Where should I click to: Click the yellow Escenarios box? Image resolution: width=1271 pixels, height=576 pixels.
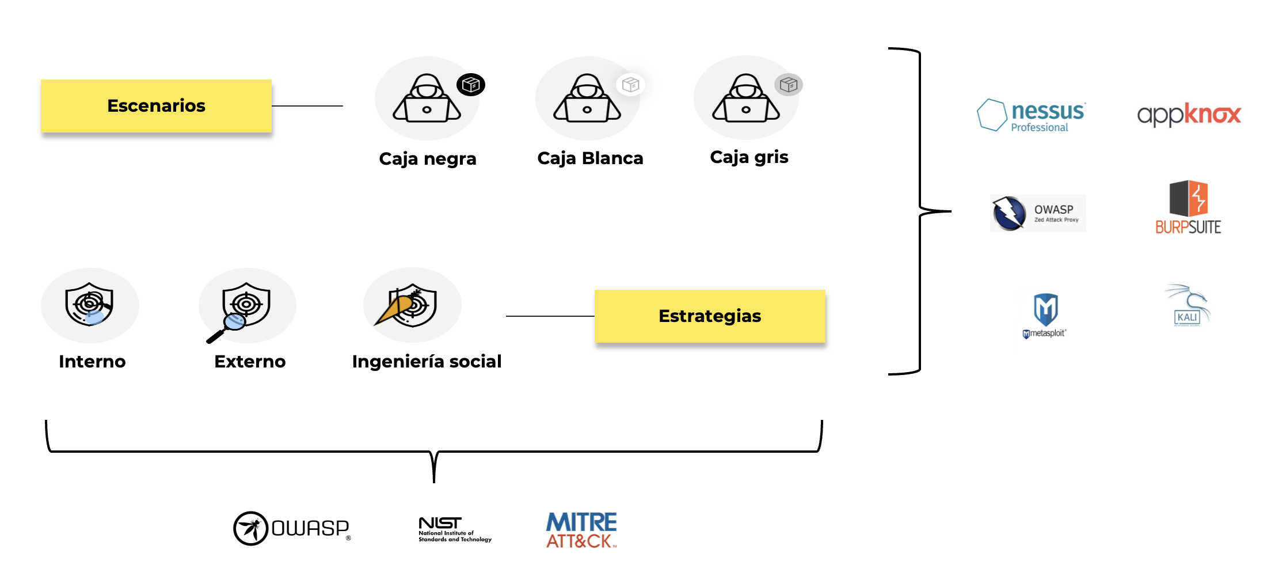[156, 106]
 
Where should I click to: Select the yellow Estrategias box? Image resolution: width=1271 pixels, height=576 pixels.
[710, 316]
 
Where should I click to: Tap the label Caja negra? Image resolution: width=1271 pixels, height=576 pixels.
[428, 159]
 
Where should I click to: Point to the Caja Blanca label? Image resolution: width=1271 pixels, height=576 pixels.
[590, 158]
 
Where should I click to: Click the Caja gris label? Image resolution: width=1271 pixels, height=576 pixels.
[749, 157]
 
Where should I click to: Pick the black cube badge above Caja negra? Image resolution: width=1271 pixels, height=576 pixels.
[471, 85]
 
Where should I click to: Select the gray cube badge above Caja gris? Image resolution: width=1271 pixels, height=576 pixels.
[788, 85]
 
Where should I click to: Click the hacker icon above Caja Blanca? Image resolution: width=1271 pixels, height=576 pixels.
[587, 98]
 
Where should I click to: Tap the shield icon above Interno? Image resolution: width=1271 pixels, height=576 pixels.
[89, 304]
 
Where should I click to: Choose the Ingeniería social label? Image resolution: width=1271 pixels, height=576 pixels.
[427, 362]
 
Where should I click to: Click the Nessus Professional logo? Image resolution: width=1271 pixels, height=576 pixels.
[1031, 115]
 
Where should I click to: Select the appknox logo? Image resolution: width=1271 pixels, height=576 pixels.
[1189, 115]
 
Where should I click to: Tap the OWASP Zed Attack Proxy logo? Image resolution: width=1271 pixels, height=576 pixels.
[1038, 213]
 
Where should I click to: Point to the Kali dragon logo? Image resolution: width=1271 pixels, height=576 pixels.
[1188, 306]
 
